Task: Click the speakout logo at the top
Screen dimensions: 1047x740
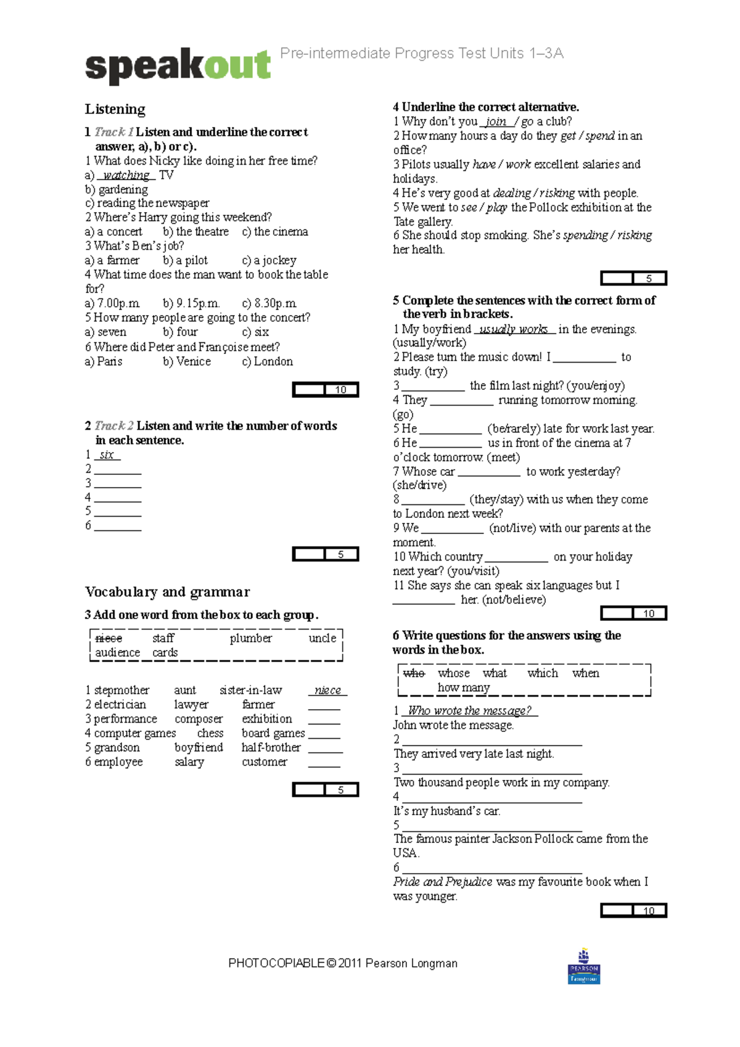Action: (178, 65)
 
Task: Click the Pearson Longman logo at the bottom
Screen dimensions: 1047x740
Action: (583, 966)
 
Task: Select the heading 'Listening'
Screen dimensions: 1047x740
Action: (115, 109)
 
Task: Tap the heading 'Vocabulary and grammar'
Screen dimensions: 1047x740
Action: (167, 592)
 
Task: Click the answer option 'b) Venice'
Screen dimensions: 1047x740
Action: (187, 361)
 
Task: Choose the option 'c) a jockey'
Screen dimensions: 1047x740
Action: (269, 260)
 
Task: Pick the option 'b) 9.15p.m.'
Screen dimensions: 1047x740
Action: (191, 303)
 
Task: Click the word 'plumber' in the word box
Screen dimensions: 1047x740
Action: (250, 638)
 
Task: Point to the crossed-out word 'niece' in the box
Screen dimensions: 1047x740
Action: (109, 638)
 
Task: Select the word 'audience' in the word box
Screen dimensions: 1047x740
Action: (117, 652)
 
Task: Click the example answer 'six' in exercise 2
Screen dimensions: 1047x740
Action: (107, 455)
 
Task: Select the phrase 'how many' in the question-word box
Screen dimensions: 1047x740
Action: (464, 687)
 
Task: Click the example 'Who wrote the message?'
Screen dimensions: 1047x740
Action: (469, 710)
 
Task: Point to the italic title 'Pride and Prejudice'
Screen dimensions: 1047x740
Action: (442, 882)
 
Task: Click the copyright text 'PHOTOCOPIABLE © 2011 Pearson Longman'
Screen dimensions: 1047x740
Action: (343, 963)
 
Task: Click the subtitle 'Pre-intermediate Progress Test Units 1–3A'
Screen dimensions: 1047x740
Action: (422, 54)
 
